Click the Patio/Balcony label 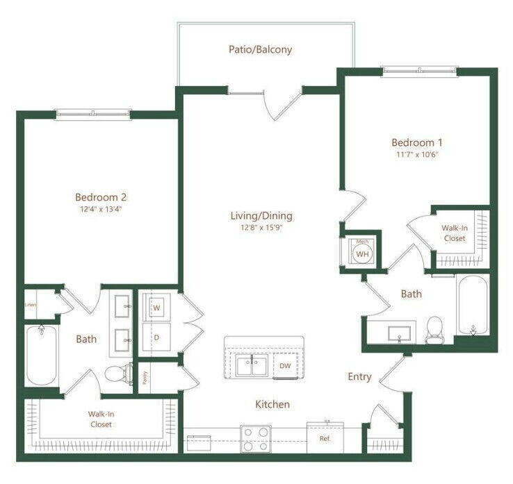(x=260, y=50)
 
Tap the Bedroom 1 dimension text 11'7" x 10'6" (x=417, y=154)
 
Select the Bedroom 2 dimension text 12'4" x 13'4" (x=101, y=208)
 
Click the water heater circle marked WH (x=361, y=253)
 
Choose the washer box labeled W (x=157, y=306)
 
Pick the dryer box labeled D (x=157, y=337)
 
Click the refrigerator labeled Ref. (x=324, y=437)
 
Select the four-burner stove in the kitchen (x=256, y=437)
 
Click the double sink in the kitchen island (x=252, y=365)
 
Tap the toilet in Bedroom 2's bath (x=117, y=375)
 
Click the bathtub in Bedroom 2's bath (x=41, y=355)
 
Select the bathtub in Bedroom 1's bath (x=473, y=306)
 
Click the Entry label (x=359, y=377)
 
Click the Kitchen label (x=272, y=404)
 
